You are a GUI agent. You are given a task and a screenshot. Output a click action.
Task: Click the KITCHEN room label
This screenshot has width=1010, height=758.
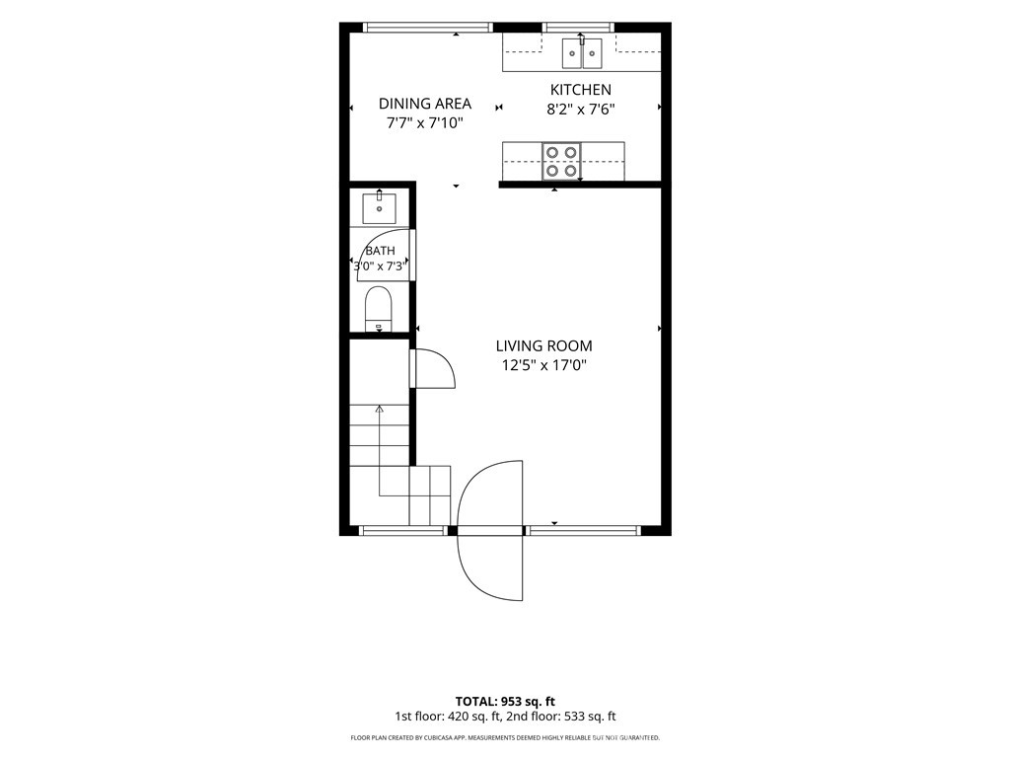(x=580, y=90)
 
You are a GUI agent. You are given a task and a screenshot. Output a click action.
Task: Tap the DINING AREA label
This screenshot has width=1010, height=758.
(x=424, y=104)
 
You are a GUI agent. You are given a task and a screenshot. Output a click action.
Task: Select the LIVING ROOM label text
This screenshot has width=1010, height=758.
(x=543, y=346)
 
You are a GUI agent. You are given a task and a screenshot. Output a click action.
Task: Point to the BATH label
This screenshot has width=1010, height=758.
(x=380, y=251)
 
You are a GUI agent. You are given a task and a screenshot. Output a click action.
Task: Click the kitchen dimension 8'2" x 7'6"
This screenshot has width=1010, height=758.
(x=580, y=110)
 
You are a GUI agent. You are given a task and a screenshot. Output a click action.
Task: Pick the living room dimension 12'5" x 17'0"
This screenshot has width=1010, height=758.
(x=543, y=366)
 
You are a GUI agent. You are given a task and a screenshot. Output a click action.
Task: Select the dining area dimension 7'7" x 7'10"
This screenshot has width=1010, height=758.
(x=424, y=123)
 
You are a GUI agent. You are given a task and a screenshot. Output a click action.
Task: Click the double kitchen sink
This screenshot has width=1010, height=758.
(x=582, y=53)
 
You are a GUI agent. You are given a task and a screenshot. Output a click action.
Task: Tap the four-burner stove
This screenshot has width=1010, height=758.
(x=561, y=162)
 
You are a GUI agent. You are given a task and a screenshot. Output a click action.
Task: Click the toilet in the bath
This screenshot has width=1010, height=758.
(x=378, y=309)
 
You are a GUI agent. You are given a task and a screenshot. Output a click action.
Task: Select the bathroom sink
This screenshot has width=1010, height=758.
(x=380, y=207)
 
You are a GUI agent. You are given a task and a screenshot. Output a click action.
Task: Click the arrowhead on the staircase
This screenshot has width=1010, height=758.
(x=380, y=409)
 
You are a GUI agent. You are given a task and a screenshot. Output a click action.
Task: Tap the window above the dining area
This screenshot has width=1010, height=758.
(x=428, y=27)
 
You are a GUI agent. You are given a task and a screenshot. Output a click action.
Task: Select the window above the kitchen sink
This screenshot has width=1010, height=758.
(x=578, y=27)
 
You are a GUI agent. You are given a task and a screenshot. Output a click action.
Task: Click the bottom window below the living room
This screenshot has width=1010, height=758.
(x=583, y=530)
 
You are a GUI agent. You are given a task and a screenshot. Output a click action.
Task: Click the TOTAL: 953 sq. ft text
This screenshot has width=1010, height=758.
(x=505, y=702)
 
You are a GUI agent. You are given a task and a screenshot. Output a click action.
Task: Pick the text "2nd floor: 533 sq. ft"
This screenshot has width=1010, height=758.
(x=561, y=717)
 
